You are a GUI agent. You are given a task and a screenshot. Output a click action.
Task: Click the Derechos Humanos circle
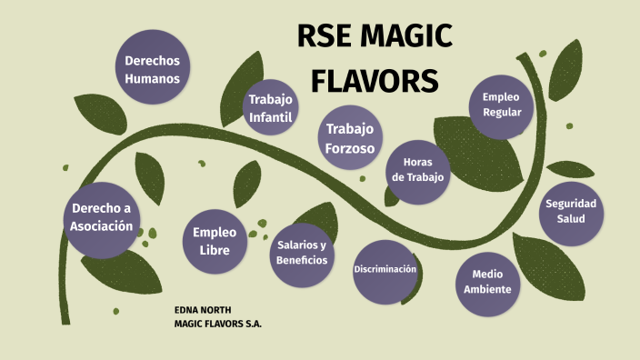coord(152,69)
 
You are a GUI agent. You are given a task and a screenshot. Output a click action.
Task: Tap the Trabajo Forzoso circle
coord(350,138)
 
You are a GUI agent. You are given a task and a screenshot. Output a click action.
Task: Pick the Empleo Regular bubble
coord(501,105)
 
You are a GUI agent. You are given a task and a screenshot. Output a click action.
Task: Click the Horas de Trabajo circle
coord(417,170)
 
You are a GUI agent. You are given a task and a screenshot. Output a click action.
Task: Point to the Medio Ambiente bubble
coord(487,282)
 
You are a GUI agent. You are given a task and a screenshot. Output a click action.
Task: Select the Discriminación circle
coord(385,270)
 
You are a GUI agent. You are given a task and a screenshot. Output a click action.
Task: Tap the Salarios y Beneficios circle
coord(302,254)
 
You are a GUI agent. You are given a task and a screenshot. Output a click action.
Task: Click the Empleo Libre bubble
coord(215,241)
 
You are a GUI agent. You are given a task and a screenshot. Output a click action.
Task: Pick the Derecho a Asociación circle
coord(102,218)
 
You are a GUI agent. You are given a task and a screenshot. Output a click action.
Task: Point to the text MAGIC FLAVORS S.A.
coord(217,324)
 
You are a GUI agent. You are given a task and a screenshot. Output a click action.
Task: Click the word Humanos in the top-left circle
coord(152,78)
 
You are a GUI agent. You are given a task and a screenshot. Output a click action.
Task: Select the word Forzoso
coord(350,148)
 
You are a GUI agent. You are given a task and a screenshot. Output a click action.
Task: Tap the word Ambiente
coord(487,290)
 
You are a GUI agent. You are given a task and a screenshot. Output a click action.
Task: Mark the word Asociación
coord(102,226)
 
